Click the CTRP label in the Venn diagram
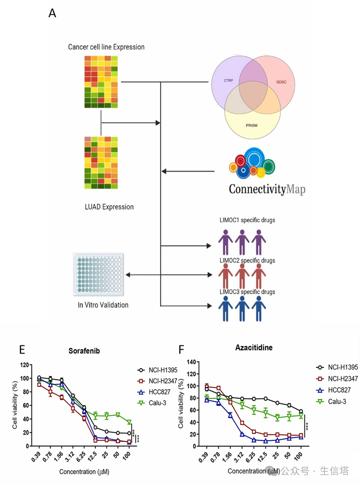228,81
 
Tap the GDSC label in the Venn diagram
281,82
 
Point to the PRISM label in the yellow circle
251,126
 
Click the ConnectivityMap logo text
267,189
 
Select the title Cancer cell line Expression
106,47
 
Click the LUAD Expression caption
109,207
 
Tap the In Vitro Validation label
103,305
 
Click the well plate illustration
99,274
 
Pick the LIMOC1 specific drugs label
247,220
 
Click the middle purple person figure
242,242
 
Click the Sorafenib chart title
84,351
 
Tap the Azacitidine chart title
254,348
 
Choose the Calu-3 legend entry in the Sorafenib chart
157,403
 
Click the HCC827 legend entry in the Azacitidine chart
339,390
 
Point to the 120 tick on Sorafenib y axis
24,365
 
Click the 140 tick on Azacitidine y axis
191,362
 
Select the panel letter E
22,350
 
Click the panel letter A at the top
52,13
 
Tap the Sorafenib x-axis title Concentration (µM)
84,472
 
